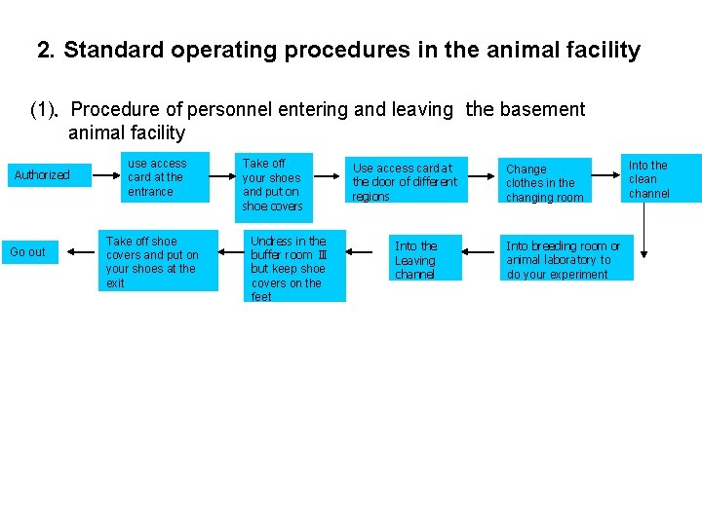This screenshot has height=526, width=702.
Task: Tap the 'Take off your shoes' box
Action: (273, 184)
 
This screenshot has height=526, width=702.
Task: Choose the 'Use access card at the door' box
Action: (406, 181)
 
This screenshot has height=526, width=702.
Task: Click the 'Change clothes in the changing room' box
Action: (546, 182)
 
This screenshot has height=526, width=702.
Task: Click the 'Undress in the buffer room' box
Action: (293, 267)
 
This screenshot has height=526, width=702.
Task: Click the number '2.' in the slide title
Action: (46, 51)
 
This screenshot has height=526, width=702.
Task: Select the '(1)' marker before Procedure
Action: (44, 110)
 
